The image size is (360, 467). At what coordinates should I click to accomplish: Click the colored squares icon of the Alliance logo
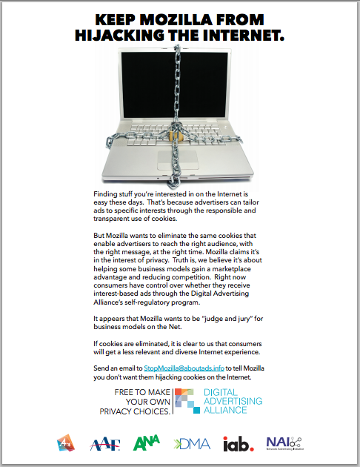coord(188,400)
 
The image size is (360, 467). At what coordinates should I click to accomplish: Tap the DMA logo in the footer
coord(192,443)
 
